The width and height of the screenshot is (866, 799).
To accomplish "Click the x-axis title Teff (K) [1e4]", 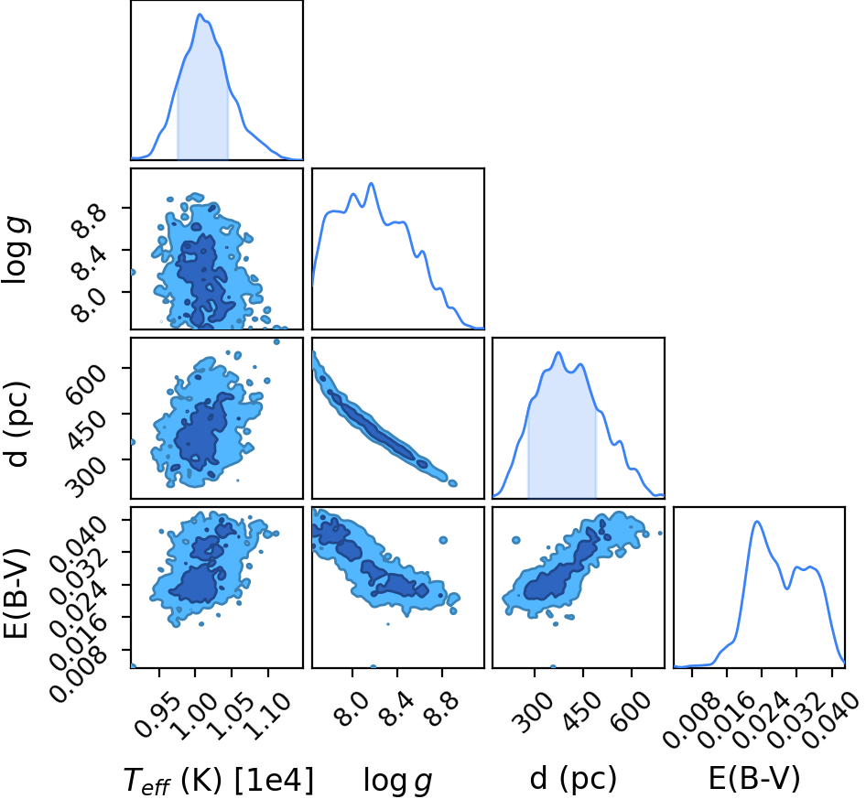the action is point(219,780).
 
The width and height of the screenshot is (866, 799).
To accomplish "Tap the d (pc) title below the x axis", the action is point(573,779).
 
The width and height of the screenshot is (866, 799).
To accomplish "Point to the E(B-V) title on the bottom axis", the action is point(754,779).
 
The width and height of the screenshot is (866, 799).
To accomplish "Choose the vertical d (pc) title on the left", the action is point(16,424).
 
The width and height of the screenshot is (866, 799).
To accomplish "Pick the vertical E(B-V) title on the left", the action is point(16,594).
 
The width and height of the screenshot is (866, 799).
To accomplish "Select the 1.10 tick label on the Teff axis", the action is point(267,717).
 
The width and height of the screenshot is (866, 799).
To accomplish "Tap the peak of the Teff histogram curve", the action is point(200,15).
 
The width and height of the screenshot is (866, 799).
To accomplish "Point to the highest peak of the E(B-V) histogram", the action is point(757,522).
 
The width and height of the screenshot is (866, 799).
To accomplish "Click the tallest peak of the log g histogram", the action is point(371,183).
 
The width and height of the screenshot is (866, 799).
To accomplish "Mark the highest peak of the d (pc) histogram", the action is point(558,352).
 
